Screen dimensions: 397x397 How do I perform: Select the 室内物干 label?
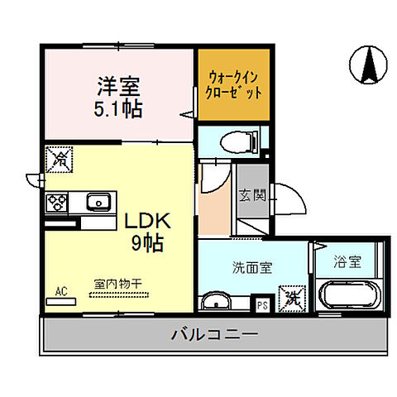coord(119,284)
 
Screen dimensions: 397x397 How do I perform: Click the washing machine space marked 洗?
coord(290,295)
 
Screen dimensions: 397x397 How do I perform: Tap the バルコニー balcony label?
coord(214,336)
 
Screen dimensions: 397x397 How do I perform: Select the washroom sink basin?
coord(217,299)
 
